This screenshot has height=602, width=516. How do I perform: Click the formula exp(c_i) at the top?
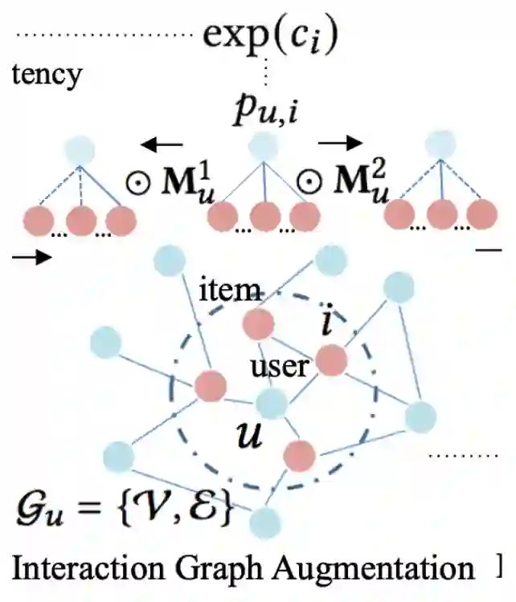[x=270, y=33]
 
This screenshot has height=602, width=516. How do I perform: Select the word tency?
[x=46, y=75]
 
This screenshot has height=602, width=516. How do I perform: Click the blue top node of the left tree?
[x=80, y=150]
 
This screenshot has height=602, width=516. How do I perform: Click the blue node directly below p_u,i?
[x=263, y=147]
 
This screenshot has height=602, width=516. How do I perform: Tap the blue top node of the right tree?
[x=440, y=145]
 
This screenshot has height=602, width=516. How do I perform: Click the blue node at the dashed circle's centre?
[x=271, y=404]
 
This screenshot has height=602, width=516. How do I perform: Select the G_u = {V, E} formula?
[x=125, y=509]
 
